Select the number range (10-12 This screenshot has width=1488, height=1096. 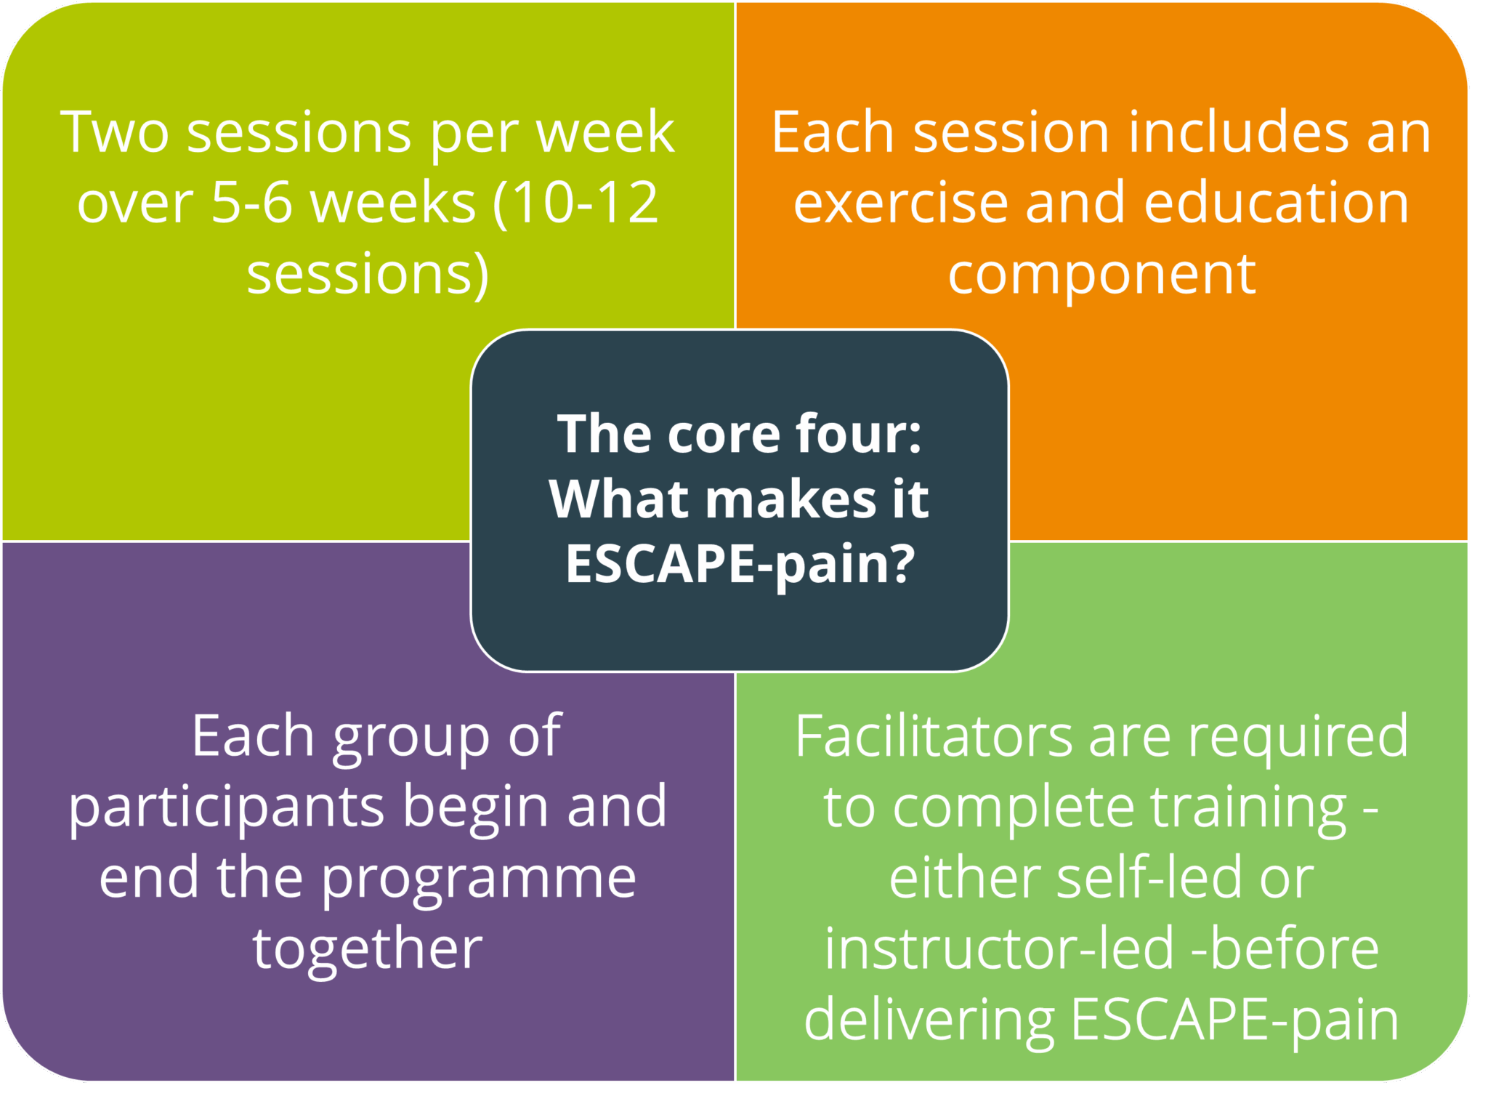[x=575, y=203]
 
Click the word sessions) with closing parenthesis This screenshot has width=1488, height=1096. [x=368, y=274]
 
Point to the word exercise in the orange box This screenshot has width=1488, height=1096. [x=900, y=203]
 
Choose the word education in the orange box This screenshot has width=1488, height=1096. [x=1276, y=203]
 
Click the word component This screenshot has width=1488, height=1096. [x=1101, y=275]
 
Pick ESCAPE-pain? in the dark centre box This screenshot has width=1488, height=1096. [x=740, y=564]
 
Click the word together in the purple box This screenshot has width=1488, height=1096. [x=368, y=949]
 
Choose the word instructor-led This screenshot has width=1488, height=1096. [x=999, y=949]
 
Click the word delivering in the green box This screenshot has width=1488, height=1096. [x=929, y=1020]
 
